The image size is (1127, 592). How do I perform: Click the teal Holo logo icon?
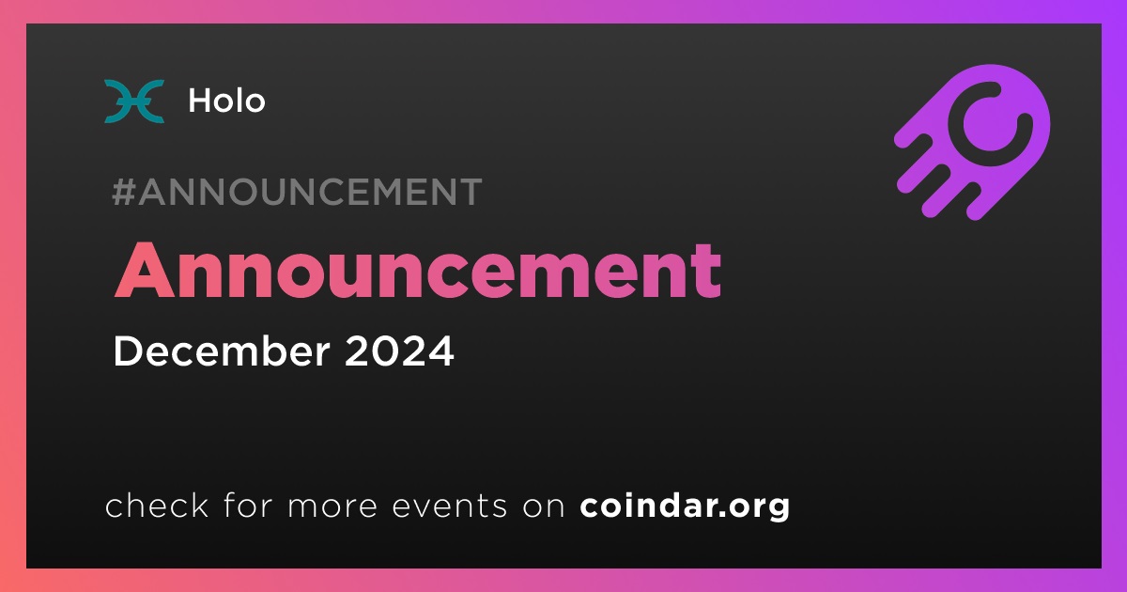pos(133,101)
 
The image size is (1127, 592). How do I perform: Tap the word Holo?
pos(226,101)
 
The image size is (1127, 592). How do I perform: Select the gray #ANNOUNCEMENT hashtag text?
pos(297,192)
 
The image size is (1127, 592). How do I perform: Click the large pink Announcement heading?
pos(418,271)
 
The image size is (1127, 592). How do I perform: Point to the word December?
pos(222,351)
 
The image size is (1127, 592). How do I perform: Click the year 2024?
pos(399,351)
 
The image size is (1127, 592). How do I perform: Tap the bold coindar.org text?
pos(685,506)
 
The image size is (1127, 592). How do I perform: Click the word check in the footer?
pos(157,505)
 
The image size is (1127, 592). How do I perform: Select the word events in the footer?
pos(449,506)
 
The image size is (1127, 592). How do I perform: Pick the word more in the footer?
pos(332,506)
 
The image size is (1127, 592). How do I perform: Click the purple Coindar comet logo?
pos(972,142)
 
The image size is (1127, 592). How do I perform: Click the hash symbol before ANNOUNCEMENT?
pos(123,192)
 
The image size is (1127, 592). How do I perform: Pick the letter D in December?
pos(128,351)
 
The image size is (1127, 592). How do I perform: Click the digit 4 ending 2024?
pos(441,351)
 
